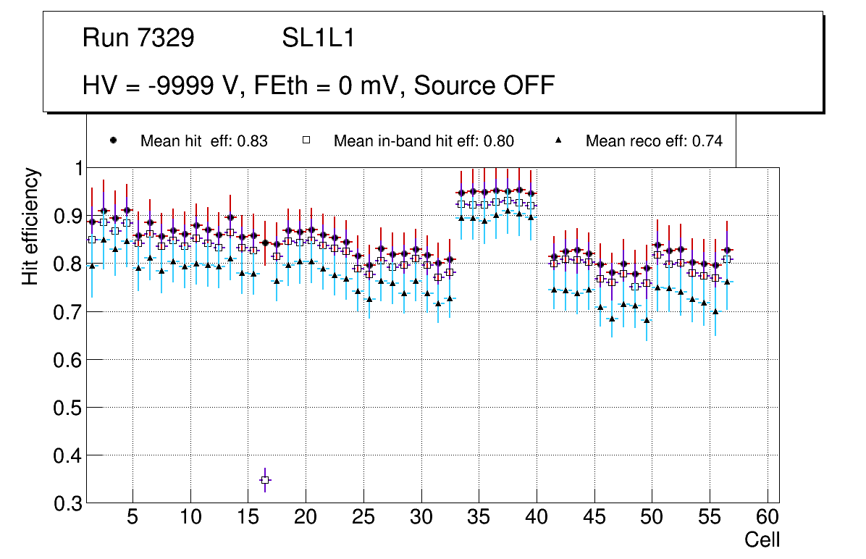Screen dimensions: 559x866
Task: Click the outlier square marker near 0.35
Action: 265,480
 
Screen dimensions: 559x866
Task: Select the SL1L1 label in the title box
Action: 319,38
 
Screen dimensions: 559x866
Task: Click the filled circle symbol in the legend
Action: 113,140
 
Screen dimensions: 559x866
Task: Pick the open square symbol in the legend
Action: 306,140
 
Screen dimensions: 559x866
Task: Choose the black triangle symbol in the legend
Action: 558,140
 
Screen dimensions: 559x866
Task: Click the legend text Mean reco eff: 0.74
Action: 654,141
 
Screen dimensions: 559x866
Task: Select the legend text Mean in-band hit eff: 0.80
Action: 424,141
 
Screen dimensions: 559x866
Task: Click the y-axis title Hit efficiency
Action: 30,227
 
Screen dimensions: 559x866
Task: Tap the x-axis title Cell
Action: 762,539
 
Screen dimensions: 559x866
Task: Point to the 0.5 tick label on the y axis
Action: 67,408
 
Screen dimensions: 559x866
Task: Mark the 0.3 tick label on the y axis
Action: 67,503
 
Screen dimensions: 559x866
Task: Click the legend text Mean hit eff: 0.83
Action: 204,141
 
